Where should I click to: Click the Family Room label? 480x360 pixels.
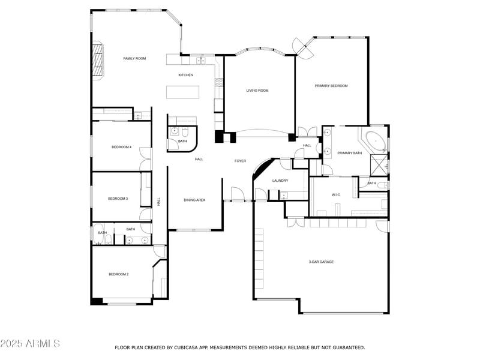pyautogui.click(x=134, y=58)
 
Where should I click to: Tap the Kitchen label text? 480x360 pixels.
pyautogui.click(x=185, y=75)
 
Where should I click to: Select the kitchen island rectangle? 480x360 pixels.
pyautogui.click(x=182, y=92)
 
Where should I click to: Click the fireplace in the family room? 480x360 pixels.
pyautogui.click(x=98, y=59)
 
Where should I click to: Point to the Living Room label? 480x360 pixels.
pyautogui.click(x=257, y=91)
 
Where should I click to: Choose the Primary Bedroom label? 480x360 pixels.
pyautogui.click(x=331, y=86)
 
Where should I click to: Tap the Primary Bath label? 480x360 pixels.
pyautogui.click(x=349, y=153)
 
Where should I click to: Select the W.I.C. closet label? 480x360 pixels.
pyautogui.click(x=336, y=194)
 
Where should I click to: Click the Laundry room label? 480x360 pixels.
pyautogui.click(x=280, y=181)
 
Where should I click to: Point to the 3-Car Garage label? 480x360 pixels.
pyautogui.click(x=322, y=262)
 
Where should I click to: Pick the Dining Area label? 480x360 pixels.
pyautogui.click(x=194, y=200)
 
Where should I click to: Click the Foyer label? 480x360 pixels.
pyautogui.click(x=240, y=161)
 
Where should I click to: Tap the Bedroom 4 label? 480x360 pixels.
pyautogui.click(x=121, y=147)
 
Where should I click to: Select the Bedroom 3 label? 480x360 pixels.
pyautogui.click(x=118, y=199)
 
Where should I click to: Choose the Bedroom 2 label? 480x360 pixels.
pyautogui.click(x=118, y=274)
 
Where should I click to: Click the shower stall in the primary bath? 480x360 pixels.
pyautogui.click(x=379, y=163)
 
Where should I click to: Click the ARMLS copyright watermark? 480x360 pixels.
pyautogui.click(x=30, y=344)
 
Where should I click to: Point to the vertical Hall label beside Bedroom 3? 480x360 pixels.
pyautogui.click(x=159, y=202)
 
